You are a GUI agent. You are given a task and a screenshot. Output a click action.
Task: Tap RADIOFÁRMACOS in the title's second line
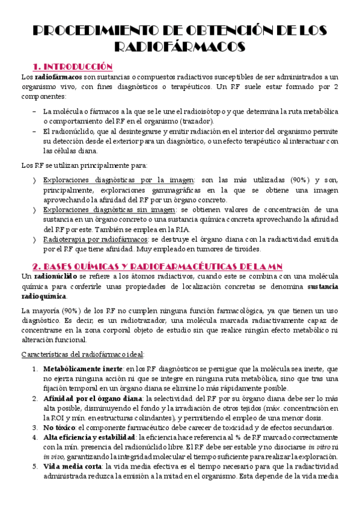click(179, 48)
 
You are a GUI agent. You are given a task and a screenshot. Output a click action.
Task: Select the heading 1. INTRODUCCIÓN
click(73, 66)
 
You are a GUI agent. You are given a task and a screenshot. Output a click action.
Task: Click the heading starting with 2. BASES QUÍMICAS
click(162, 266)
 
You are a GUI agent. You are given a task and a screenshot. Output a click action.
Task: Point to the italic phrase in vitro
click(318, 447)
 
